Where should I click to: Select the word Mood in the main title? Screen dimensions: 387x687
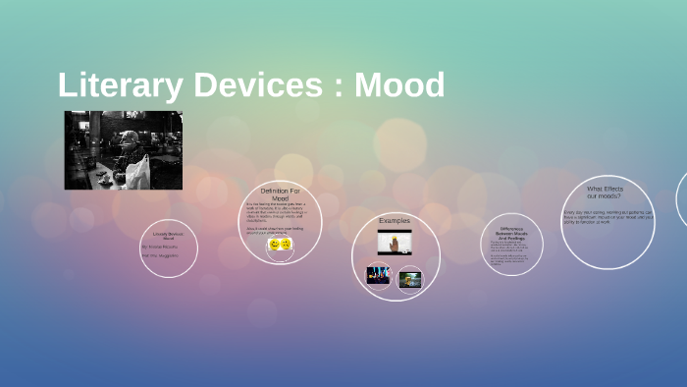(x=399, y=85)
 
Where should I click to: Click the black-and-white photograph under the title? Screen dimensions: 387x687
(x=123, y=149)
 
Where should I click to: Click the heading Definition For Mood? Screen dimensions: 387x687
(x=280, y=193)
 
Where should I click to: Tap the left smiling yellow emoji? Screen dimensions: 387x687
(x=275, y=244)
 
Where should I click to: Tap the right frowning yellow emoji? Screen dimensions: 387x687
(x=286, y=244)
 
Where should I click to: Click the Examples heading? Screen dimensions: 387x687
(x=395, y=220)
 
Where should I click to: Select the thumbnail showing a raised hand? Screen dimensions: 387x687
(x=395, y=242)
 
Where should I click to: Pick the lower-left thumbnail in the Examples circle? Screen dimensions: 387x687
(x=379, y=276)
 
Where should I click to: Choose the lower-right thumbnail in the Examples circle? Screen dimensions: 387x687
(x=409, y=279)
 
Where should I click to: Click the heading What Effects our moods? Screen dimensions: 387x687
(x=605, y=192)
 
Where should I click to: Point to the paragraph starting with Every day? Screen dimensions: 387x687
(x=607, y=217)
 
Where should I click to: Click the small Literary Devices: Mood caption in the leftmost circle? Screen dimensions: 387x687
(x=168, y=236)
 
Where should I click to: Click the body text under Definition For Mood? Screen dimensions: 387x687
(x=278, y=217)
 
